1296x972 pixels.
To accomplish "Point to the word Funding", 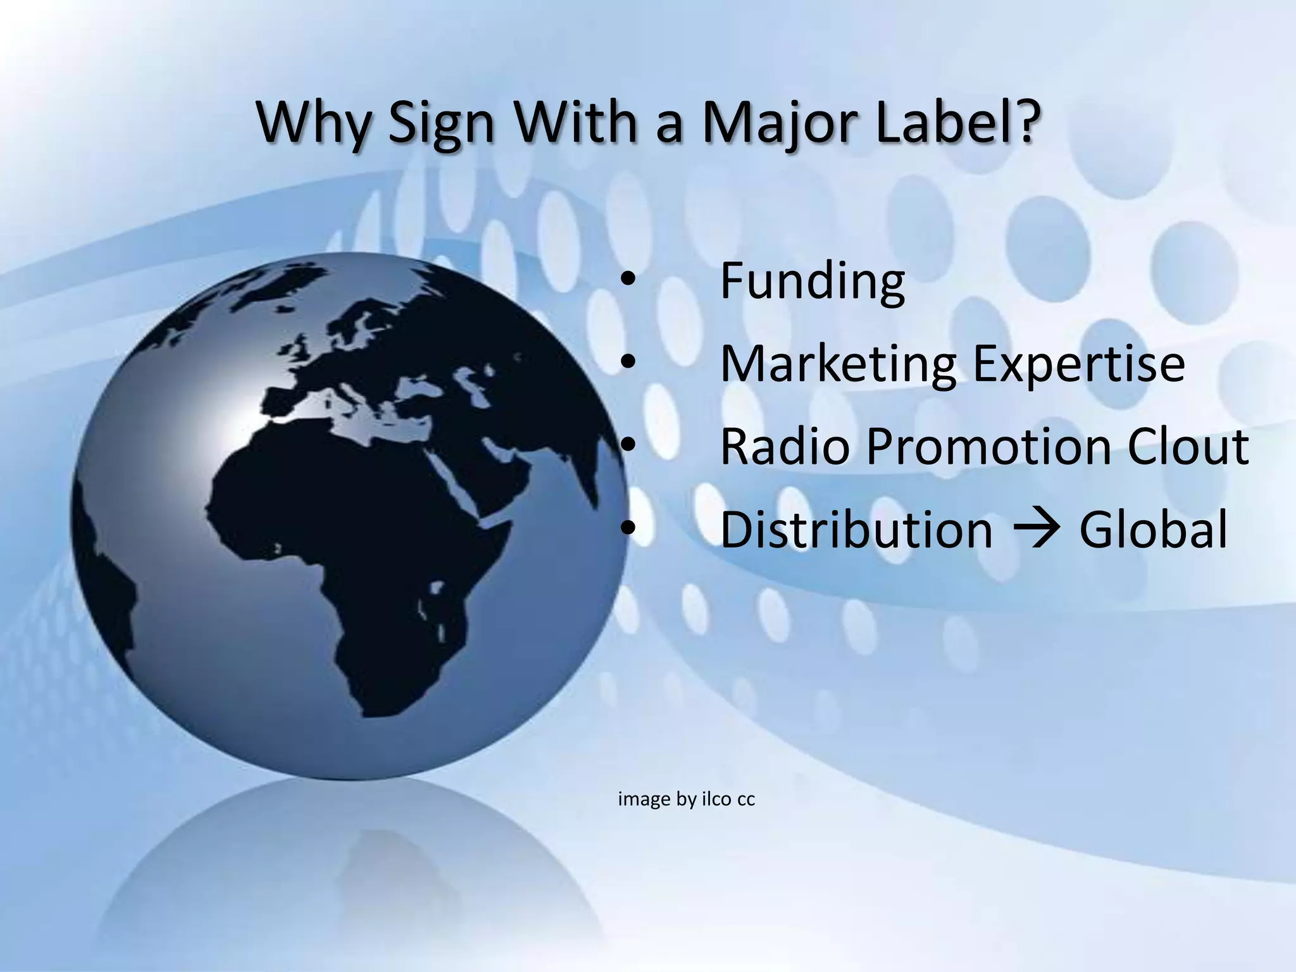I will click(x=813, y=282).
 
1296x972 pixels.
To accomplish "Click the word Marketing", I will click(x=838, y=364).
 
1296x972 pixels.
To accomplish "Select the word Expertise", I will click(x=1078, y=366).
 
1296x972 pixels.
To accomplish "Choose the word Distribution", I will click(x=856, y=529).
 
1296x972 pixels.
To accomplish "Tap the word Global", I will click(x=1152, y=529).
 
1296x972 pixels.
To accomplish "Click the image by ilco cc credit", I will click(x=686, y=800).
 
